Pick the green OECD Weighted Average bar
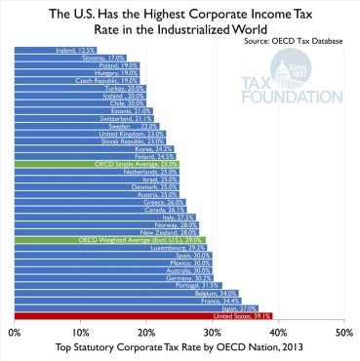click(108, 238)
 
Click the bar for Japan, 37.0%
click(136, 307)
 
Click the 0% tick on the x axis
click(14, 333)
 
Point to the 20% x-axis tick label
click(145, 333)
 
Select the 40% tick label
click(277, 333)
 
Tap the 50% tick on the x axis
click(341, 333)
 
